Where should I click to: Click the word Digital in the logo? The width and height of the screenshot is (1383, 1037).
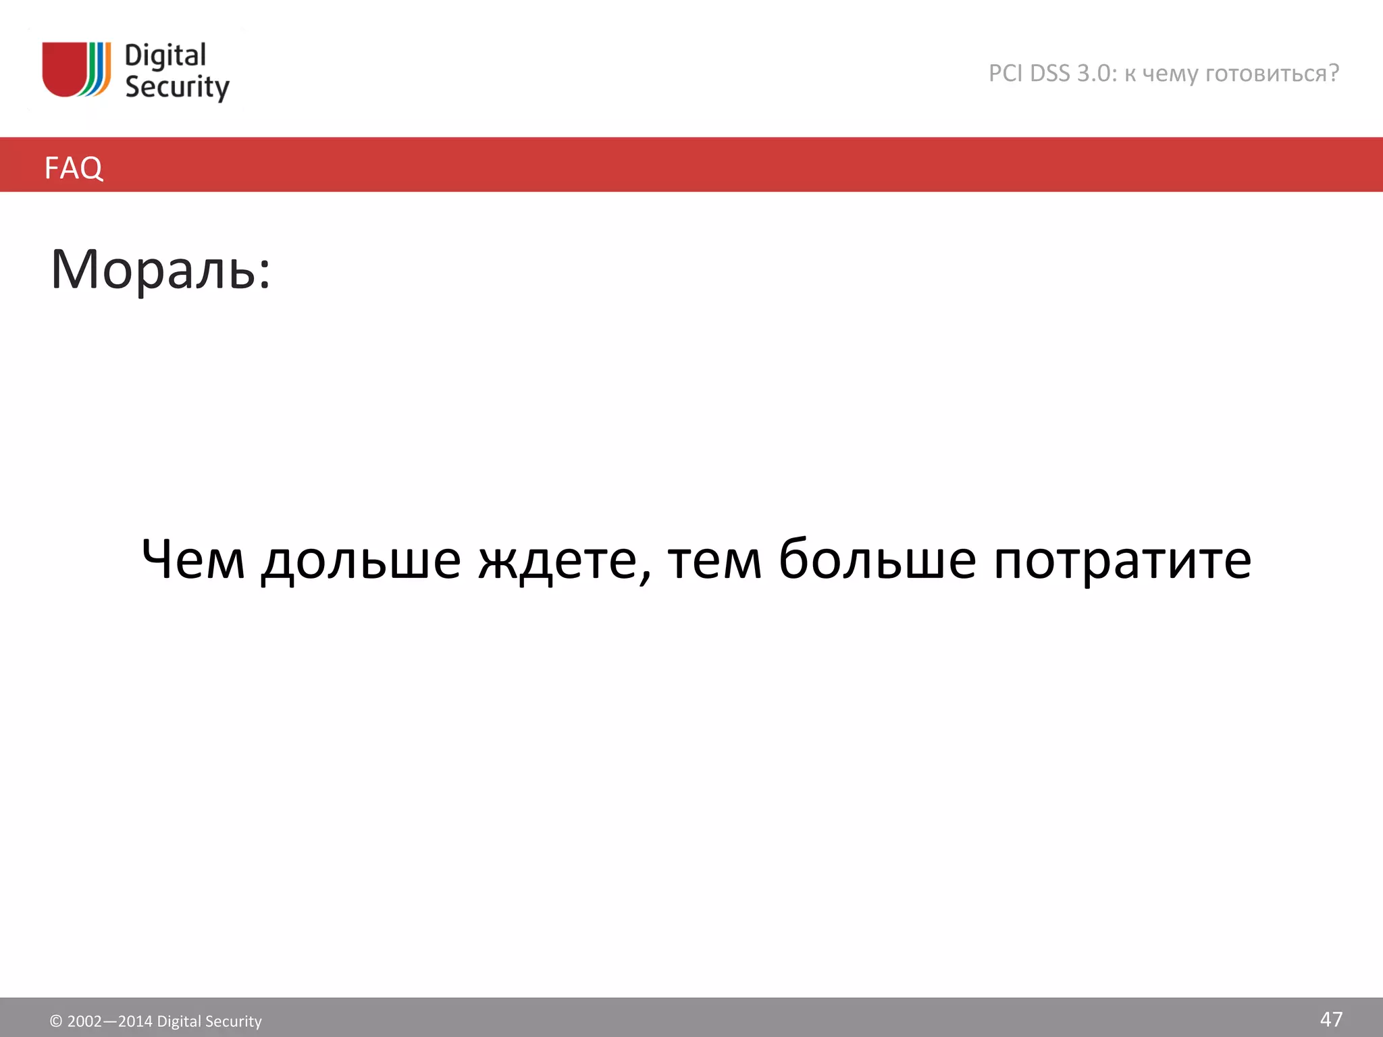click(x=165, y=56)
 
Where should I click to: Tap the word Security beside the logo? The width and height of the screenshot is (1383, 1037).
click(x=177, y=88)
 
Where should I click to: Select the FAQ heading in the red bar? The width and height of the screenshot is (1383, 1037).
click(x=74, y=167)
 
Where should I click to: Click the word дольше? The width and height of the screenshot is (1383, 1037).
click(x=361, y=560)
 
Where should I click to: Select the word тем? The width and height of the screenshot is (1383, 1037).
click(x=714, y=560)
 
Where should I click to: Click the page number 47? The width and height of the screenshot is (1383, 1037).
click(x=1331, y=1019)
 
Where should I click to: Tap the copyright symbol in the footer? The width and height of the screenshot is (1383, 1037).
click(x=56, y=1021)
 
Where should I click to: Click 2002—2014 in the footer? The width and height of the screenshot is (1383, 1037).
click(x=109, y=1021)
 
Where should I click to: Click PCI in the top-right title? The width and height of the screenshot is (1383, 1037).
click(x=1006, y=74)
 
